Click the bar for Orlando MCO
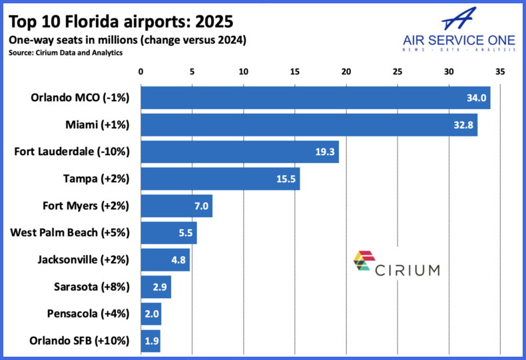point(315,98)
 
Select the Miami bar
point(308,125)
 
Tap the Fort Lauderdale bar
point(239,152)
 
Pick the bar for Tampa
point(220,179)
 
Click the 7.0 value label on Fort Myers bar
point(202,206)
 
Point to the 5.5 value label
point(186,233)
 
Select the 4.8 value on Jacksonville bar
point(178,260)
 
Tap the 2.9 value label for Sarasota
point(159,287)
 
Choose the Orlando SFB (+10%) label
point(79,341)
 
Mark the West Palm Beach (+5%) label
point(70,233)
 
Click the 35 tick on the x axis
point(500,71)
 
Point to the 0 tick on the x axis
point(140,71)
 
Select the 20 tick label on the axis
point(346,71)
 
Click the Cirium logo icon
point(366,264)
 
